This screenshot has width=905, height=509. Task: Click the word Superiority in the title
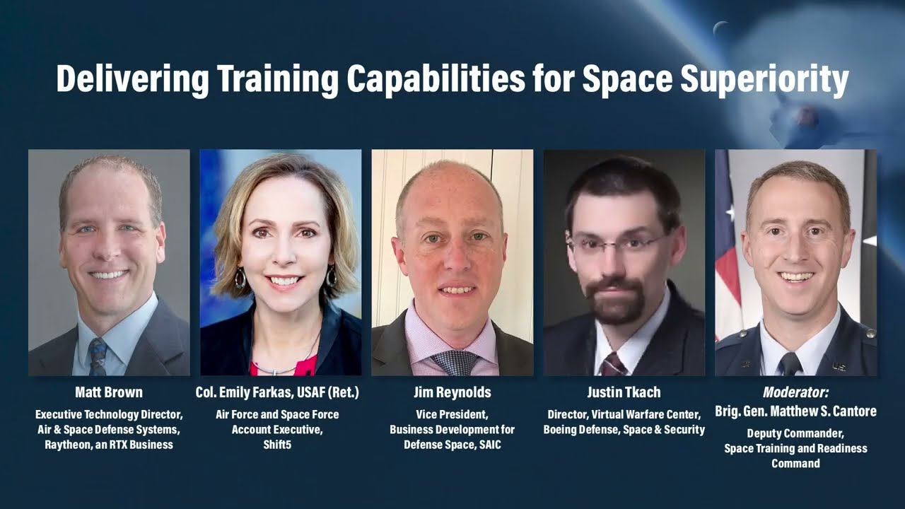[x=764, y=79]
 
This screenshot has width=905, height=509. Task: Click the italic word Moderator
[x=795, y=392]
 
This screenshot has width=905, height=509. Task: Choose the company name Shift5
[x=277, y=445]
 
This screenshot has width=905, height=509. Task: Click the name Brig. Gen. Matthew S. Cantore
[x=795, y=411]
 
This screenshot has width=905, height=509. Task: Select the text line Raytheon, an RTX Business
[x=109, y=445]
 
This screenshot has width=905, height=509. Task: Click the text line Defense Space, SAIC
[x=452, y=445]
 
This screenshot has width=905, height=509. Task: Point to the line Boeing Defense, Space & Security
[x=624, y=430]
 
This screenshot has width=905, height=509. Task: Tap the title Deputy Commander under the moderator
[x=795, y=433]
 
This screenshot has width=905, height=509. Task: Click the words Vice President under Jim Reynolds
[x=452, y=415]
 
